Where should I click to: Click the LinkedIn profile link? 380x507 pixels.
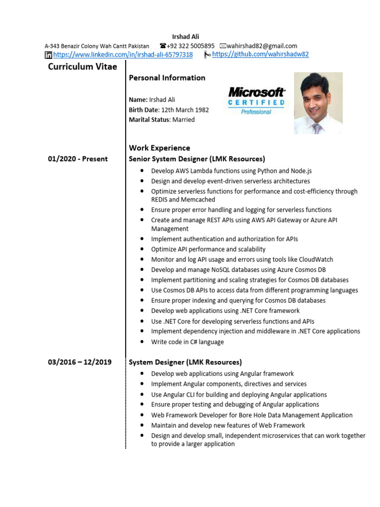[123, 54]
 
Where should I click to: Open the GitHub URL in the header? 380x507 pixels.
[260, 54]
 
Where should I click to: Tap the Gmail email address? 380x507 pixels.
[262, 46]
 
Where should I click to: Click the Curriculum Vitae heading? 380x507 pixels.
[83, 67]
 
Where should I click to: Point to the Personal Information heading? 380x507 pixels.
[167, 78]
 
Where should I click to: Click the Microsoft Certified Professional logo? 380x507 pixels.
[256, 101]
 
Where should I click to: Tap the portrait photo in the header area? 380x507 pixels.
[318, 103]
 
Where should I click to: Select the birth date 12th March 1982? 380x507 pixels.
[185, 110]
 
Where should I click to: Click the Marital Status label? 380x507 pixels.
[149, 120]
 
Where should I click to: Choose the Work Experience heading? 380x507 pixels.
[159, 148]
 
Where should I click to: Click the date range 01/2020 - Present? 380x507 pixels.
[78, 159]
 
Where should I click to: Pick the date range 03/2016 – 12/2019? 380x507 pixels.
[80, 362]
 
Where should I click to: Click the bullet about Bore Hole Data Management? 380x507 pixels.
[252, 415]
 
